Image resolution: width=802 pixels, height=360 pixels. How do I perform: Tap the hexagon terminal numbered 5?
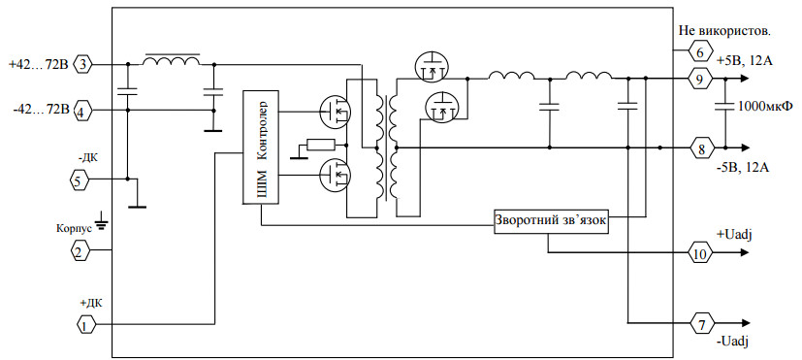tap(79, 180)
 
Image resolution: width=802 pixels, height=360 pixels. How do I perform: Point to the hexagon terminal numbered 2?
tap(80, 250)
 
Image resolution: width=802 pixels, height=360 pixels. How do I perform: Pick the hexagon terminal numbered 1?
tap(86, 324)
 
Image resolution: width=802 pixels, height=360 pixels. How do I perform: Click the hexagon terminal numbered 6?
tap(700, 51)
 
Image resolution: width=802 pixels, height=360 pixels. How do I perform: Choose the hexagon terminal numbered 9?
tap(700, 79)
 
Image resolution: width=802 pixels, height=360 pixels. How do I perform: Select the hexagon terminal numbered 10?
tap(700, 252)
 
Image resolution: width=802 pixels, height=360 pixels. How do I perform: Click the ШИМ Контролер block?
tap(261, 147)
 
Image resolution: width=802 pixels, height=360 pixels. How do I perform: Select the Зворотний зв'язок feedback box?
tap(552, 221)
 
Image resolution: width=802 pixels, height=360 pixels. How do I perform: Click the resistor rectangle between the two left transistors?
tap(320, 145)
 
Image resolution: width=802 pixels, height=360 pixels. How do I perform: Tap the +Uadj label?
tap(736, 235)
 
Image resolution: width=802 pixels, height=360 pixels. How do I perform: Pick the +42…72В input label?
tap(39, 65)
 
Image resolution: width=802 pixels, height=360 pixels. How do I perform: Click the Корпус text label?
tap(74, 227)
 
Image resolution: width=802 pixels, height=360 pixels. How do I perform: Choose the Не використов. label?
tap(724, 30)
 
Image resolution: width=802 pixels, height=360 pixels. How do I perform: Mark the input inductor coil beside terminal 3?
tap(171, 60)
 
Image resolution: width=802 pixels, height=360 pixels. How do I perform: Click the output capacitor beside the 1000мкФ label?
tap(724, 107)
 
